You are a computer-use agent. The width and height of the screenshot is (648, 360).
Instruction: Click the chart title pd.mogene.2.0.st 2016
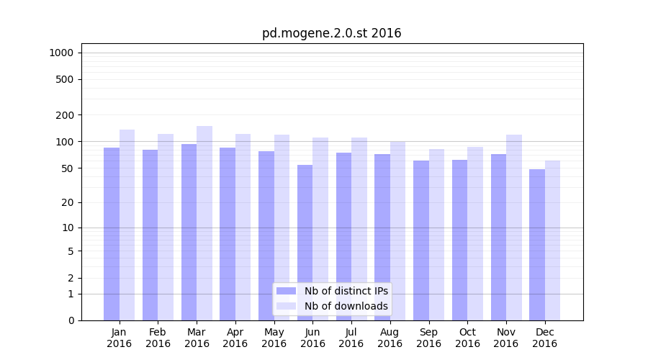tap(331, 33)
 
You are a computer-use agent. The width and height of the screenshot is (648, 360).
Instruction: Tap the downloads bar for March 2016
tap(204, 223)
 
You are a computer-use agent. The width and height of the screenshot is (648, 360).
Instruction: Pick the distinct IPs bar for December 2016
tap(537, 245)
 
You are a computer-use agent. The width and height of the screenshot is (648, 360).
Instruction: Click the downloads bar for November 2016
tap(514, 228)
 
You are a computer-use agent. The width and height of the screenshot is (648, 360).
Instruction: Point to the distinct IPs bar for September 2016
tap(421, 240)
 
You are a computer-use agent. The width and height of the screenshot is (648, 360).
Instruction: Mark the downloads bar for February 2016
tap(166, 228)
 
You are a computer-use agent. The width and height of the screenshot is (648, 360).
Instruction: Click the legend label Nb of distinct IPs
tap(346, 291)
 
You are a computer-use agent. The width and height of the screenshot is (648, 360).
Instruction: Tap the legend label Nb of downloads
tap(346, 306)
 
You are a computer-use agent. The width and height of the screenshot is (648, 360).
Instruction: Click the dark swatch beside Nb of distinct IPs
tap(286, 291)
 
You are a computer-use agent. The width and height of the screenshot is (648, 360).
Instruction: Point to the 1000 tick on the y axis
tap(60, 53)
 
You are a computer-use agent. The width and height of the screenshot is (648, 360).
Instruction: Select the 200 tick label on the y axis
tap(65, 115)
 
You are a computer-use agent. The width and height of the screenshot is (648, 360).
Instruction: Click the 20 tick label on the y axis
tap(68, 202)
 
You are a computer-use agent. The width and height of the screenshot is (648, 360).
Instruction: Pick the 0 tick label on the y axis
tap(71, 320)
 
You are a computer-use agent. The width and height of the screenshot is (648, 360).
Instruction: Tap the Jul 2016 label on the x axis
tap(351, 338)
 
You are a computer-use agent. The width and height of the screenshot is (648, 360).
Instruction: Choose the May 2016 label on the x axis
tap(274, 338)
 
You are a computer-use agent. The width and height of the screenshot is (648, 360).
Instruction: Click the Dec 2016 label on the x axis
tap(544, 338)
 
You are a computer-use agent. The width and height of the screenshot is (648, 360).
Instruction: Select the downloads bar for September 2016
tap(436, 235)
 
